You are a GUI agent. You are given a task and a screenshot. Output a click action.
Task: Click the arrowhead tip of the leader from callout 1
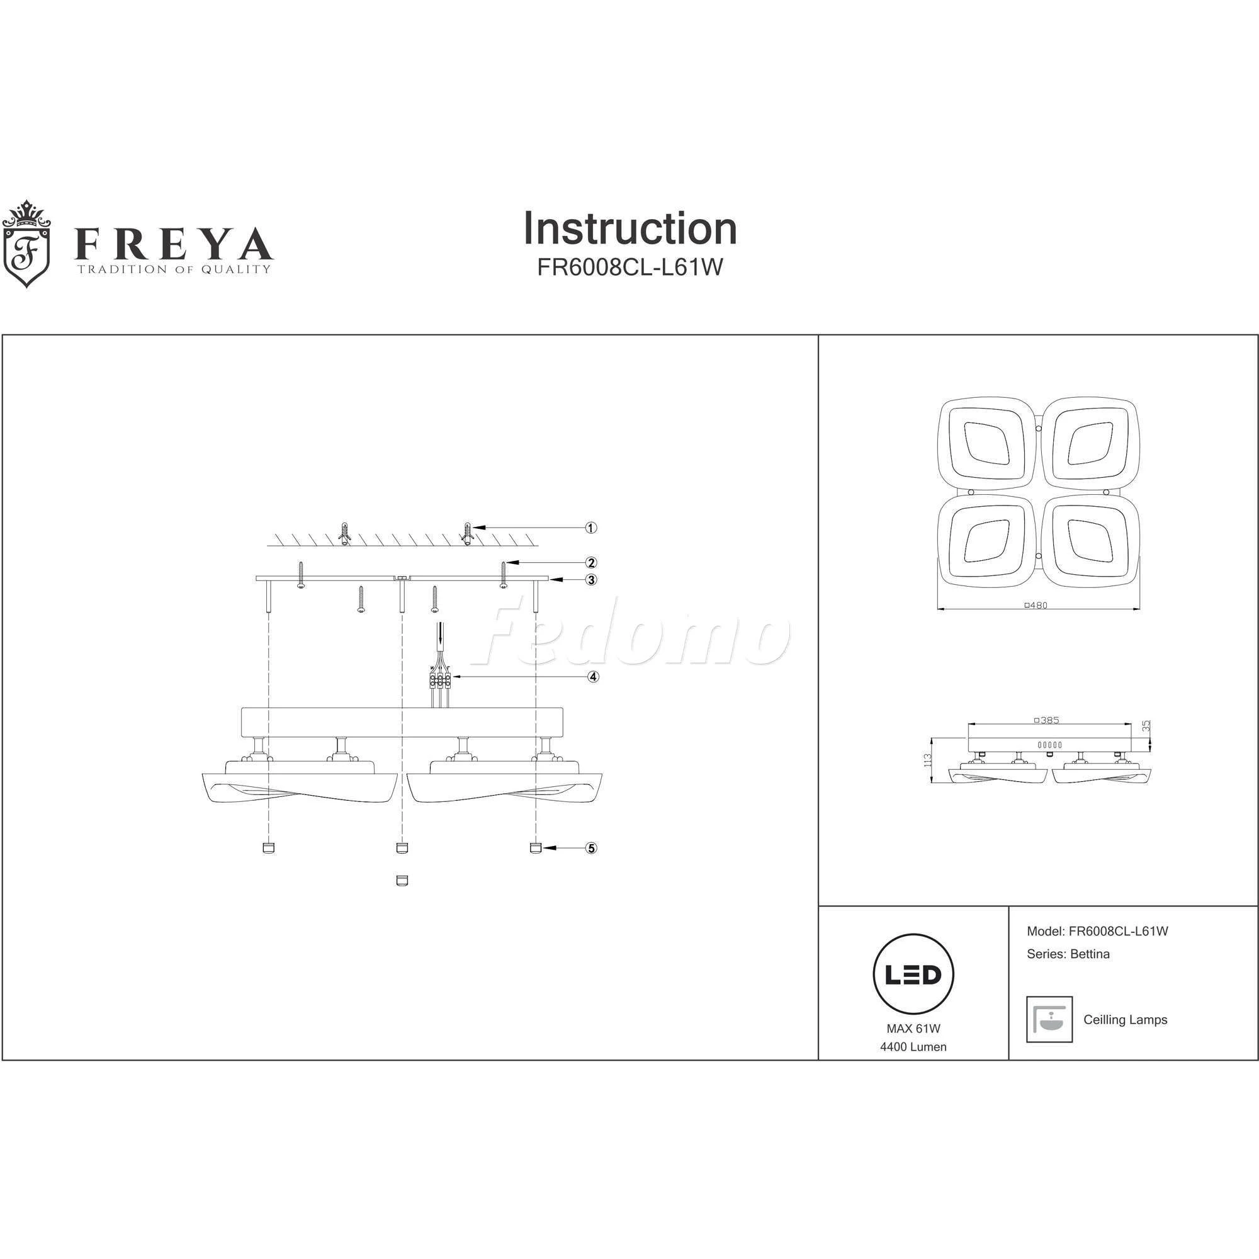pos(473,528)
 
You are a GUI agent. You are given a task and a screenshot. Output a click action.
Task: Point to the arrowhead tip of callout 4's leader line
pos(451,677)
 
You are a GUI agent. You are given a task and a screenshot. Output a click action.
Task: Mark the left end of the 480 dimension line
pos(937,609)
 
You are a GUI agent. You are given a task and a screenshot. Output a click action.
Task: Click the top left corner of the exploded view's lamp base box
pos(242,707)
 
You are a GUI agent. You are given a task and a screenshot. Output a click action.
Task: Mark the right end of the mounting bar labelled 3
pos(550,579)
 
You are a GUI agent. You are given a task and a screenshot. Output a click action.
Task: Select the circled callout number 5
pos(591,848)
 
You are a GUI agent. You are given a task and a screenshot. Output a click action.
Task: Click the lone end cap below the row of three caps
pos(402,881)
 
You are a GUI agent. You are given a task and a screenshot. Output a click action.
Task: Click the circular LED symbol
pos(913,975)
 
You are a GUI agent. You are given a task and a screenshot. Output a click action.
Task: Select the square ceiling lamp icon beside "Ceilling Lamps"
pos(1049,1020)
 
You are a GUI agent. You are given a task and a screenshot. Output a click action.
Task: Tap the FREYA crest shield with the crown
pos(26,244)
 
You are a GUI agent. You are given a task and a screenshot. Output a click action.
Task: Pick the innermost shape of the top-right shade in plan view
pos(1090,444)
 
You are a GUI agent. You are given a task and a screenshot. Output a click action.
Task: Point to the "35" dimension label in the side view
pos(1147,725)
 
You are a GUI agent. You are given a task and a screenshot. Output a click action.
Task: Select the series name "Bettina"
pos(1090,954)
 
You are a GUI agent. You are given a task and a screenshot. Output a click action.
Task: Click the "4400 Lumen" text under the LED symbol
pos(913,1047)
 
